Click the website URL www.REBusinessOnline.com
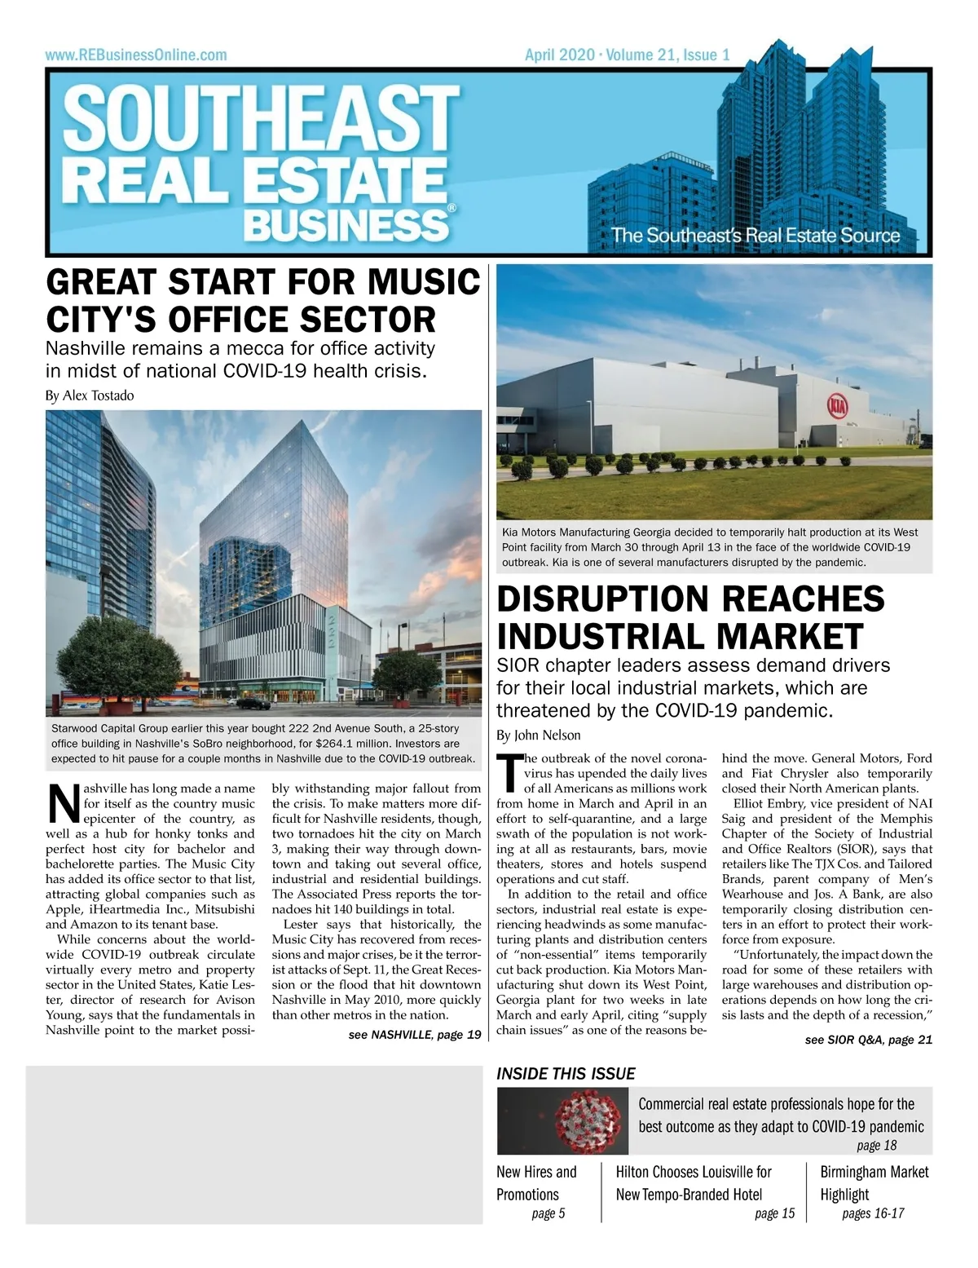tap(136, 55)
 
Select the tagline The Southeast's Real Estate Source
tap(756, 236)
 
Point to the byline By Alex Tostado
tap(90, 395)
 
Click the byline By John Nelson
tap(539, 735)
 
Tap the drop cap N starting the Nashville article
tap(63, 802)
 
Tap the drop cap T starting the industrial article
tap(509, 772)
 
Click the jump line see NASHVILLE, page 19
tap(415, 1035)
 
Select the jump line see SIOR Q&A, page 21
tap(868, 1040)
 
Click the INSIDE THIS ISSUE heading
tap(566, 1074)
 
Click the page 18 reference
tap(876, 1146)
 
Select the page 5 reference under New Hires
tap(548, 1213)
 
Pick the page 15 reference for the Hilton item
tap(774, 1213)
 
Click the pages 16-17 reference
tap(873, 1213)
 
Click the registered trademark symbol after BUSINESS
tap(452, 209)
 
